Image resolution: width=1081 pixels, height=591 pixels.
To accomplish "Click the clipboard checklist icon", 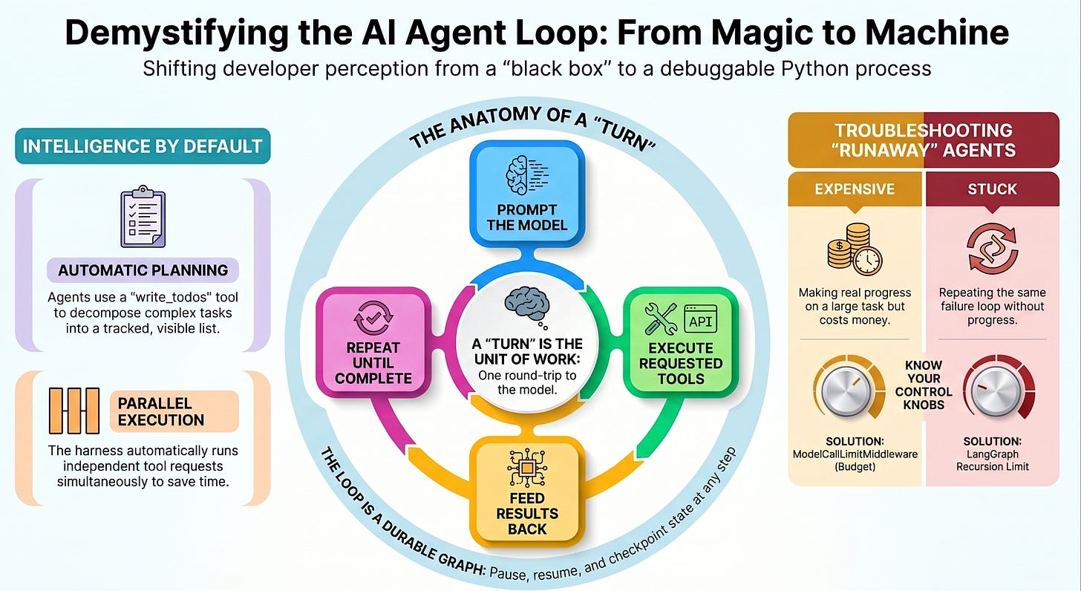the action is [143, 217].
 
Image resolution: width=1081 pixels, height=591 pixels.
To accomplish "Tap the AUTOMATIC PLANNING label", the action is [143, 270].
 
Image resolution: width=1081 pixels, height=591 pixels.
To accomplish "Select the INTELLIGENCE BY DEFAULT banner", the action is [143, 146].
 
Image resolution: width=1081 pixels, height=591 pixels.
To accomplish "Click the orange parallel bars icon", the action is [74, 411].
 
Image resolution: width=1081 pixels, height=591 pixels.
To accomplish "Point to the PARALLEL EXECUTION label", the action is [174, 411].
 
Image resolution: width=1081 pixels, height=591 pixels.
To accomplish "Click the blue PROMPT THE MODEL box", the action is [527, 194].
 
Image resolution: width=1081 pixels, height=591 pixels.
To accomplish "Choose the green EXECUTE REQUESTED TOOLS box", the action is [681, 342].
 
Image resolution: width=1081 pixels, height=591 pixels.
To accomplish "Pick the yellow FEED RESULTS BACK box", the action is [527, 491].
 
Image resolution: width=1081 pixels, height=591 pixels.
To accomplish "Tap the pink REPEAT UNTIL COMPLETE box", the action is [373, 342].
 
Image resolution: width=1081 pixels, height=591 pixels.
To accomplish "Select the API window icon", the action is [701, 319].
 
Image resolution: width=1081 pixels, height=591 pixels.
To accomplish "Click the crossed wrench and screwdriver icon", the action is [661, 319].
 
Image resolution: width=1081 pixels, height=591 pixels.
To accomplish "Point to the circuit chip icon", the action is [527, 467].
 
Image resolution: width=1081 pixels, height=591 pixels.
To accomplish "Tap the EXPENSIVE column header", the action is [855, 189].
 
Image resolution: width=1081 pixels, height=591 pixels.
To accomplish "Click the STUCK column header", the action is [992, 189].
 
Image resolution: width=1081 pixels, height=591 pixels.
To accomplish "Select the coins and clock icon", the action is [855, 249].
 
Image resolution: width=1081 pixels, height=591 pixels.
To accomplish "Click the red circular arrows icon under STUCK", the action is [992, 248].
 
